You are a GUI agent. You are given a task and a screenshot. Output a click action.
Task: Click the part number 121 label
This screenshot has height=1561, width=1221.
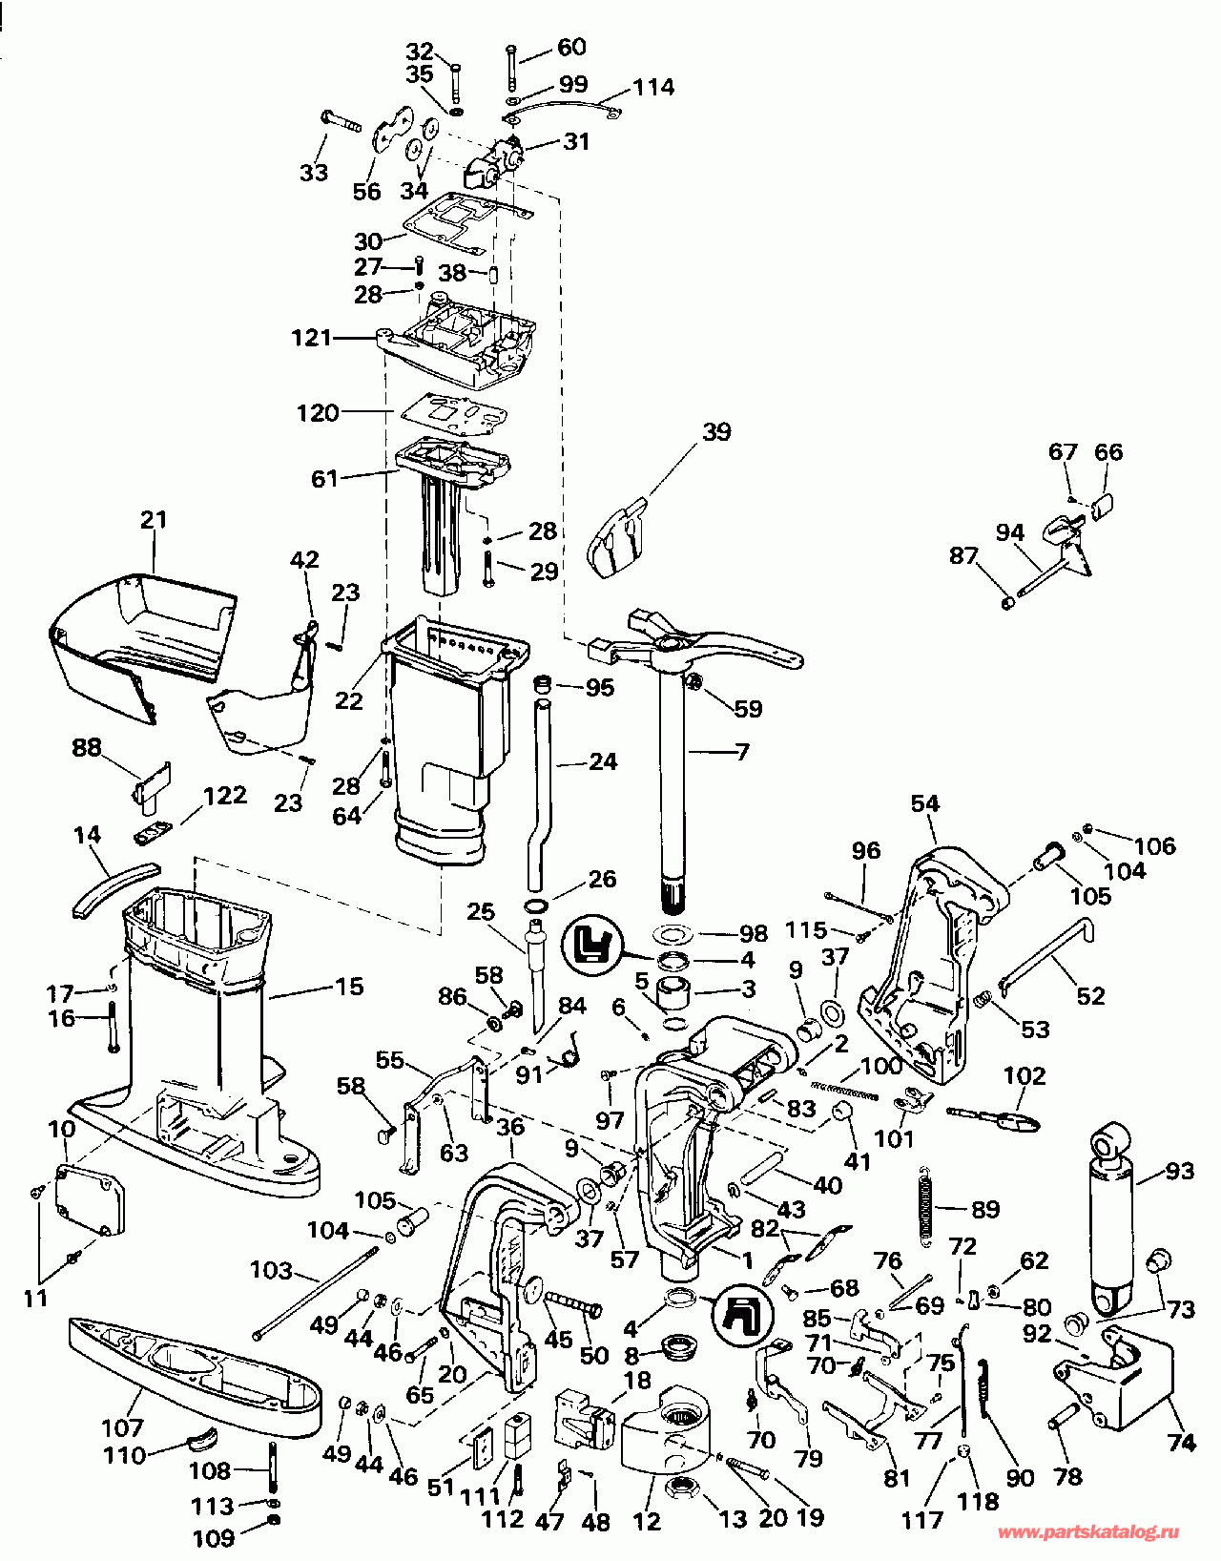point(312,338)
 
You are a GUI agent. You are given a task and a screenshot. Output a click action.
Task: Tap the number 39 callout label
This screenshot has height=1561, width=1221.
point(715,431)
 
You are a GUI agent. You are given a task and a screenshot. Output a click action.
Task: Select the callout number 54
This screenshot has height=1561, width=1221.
point(924,803)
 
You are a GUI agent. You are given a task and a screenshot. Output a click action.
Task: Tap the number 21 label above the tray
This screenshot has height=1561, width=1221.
point(154,519)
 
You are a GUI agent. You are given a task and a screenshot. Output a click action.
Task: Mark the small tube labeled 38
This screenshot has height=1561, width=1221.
point(494,276)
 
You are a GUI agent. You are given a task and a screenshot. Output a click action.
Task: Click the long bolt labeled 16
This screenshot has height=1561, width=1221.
point(114,1028)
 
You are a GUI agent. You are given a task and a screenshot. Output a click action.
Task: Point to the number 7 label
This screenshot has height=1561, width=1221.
point(742,752)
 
